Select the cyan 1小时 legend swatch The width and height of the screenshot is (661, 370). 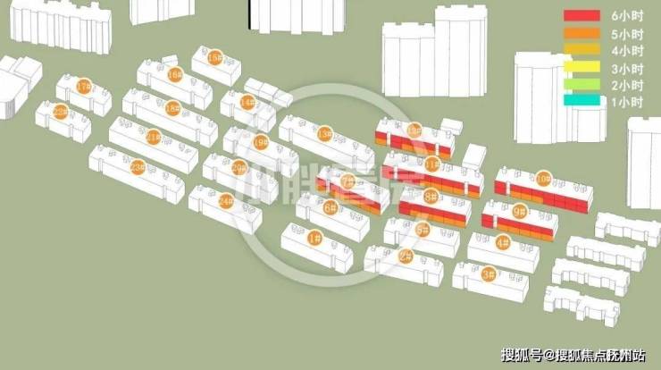(581, 102)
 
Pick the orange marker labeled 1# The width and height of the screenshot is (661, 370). (314, 238)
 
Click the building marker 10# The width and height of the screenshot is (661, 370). (543, 179)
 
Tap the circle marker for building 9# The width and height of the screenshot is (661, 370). (520, 212)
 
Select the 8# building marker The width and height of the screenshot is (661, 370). (431, 196)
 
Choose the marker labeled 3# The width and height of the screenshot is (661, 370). (489, 274)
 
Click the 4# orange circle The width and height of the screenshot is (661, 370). (502, 242)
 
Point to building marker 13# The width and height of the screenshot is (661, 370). (324, 134)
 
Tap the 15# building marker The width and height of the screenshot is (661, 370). (214, 56)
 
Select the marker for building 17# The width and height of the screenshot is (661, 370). (85, 87)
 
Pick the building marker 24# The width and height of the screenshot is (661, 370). (226, 200)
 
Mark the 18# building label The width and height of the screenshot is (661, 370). (172, 108)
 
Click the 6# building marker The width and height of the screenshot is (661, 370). (330, 208)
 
